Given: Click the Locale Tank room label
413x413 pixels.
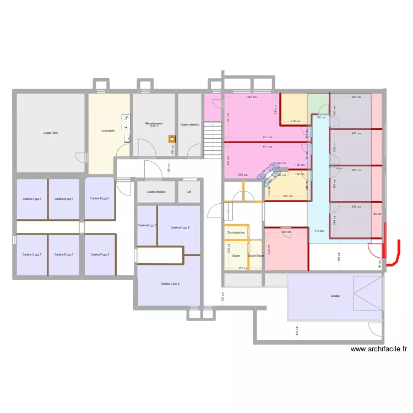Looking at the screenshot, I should coord(51,133).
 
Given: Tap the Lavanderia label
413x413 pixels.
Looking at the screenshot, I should coord(108,131).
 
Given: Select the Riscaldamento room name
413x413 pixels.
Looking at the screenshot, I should coord(154,123).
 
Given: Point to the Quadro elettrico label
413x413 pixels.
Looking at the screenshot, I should coord(189,124).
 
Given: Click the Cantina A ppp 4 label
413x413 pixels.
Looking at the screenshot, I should coord(32,198).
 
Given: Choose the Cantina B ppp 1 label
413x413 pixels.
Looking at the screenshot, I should coord(64,198).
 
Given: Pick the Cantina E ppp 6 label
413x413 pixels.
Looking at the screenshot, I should coord(100,198).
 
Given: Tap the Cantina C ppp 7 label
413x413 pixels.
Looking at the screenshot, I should coord(32,254).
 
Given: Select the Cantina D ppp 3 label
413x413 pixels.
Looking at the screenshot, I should coord(64,254).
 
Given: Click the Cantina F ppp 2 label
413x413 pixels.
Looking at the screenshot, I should coord(100,254).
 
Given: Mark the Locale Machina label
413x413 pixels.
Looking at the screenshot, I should coord(156,192).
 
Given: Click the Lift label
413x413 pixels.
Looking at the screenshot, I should coord(189,192).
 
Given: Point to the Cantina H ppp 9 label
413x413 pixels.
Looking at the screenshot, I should coord(180,227).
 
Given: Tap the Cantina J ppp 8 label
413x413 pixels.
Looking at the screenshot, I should coord(170,284).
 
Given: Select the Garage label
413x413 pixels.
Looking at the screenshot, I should coord(335,296).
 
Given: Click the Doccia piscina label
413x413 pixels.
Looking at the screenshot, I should coord(236,232).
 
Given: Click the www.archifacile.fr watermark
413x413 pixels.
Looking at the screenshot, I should coord(378,349).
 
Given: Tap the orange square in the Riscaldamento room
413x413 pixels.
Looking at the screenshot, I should coord(172,139).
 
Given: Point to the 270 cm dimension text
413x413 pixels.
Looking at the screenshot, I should coord(242,268).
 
